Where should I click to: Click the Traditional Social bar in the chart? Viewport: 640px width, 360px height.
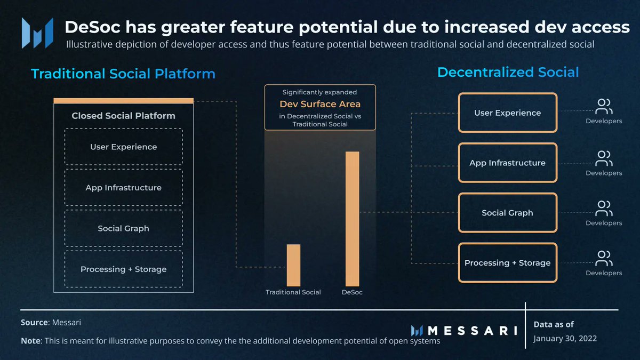293,265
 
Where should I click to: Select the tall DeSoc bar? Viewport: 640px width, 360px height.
352,219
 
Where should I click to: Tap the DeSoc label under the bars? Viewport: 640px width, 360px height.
352,292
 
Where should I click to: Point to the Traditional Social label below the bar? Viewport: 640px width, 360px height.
293,292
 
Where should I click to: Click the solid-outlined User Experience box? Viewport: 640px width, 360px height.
507,113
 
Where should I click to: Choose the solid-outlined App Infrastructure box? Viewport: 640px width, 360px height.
507,163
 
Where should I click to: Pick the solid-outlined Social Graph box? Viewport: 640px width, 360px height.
507,213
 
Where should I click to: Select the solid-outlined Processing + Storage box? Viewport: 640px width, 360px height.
507,262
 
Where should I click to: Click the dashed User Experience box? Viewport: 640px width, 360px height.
123,147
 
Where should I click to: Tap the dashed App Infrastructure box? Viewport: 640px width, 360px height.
123,188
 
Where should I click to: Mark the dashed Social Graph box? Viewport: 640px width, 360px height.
123,228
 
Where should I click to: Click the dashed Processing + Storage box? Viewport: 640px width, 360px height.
123,269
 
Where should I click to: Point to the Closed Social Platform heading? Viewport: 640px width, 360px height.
123,116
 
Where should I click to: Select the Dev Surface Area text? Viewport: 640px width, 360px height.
320,104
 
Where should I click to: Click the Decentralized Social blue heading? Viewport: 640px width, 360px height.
508,72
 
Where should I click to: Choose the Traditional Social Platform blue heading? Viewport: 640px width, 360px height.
123,74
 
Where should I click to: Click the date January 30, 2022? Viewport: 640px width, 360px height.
565,338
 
